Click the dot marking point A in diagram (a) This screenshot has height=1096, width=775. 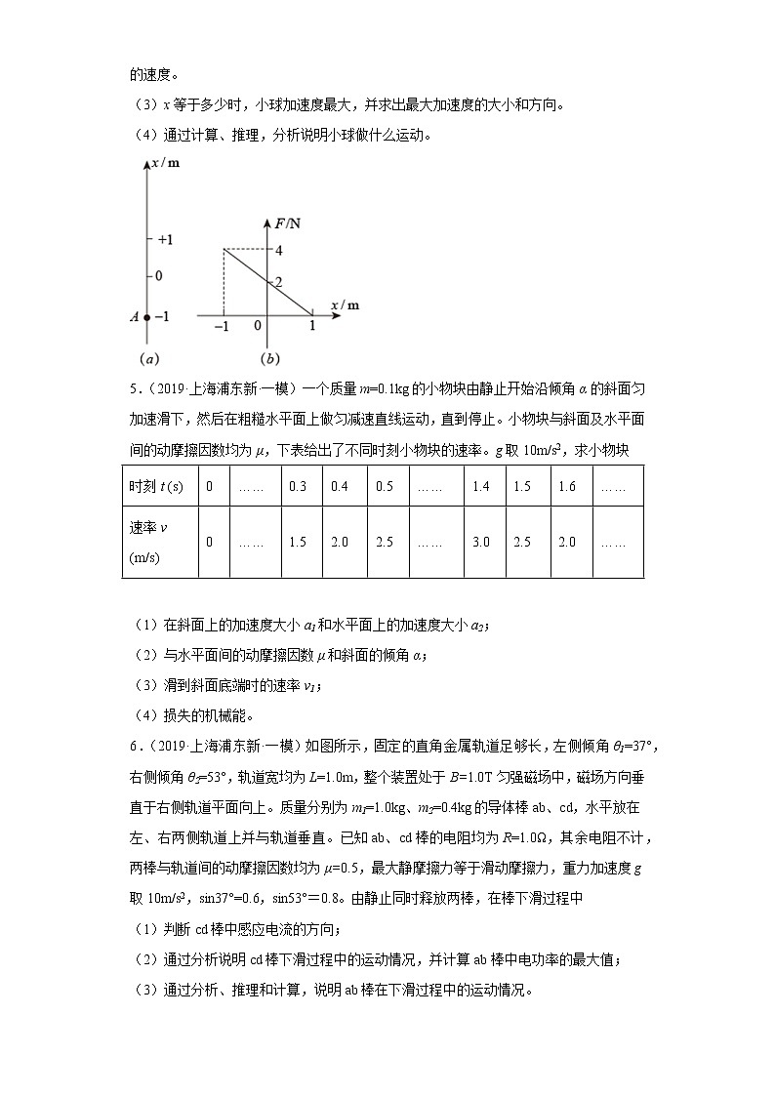[x=146, y=317]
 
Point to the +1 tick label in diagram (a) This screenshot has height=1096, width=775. [x=167, y=239]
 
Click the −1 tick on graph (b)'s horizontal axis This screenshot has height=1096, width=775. [x=224, y=327]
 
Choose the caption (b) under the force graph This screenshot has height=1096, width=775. [x=266, y=357]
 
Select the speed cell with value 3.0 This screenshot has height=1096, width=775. [x=480, y=542]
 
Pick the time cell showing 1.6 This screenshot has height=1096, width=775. [x=566, y=486]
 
